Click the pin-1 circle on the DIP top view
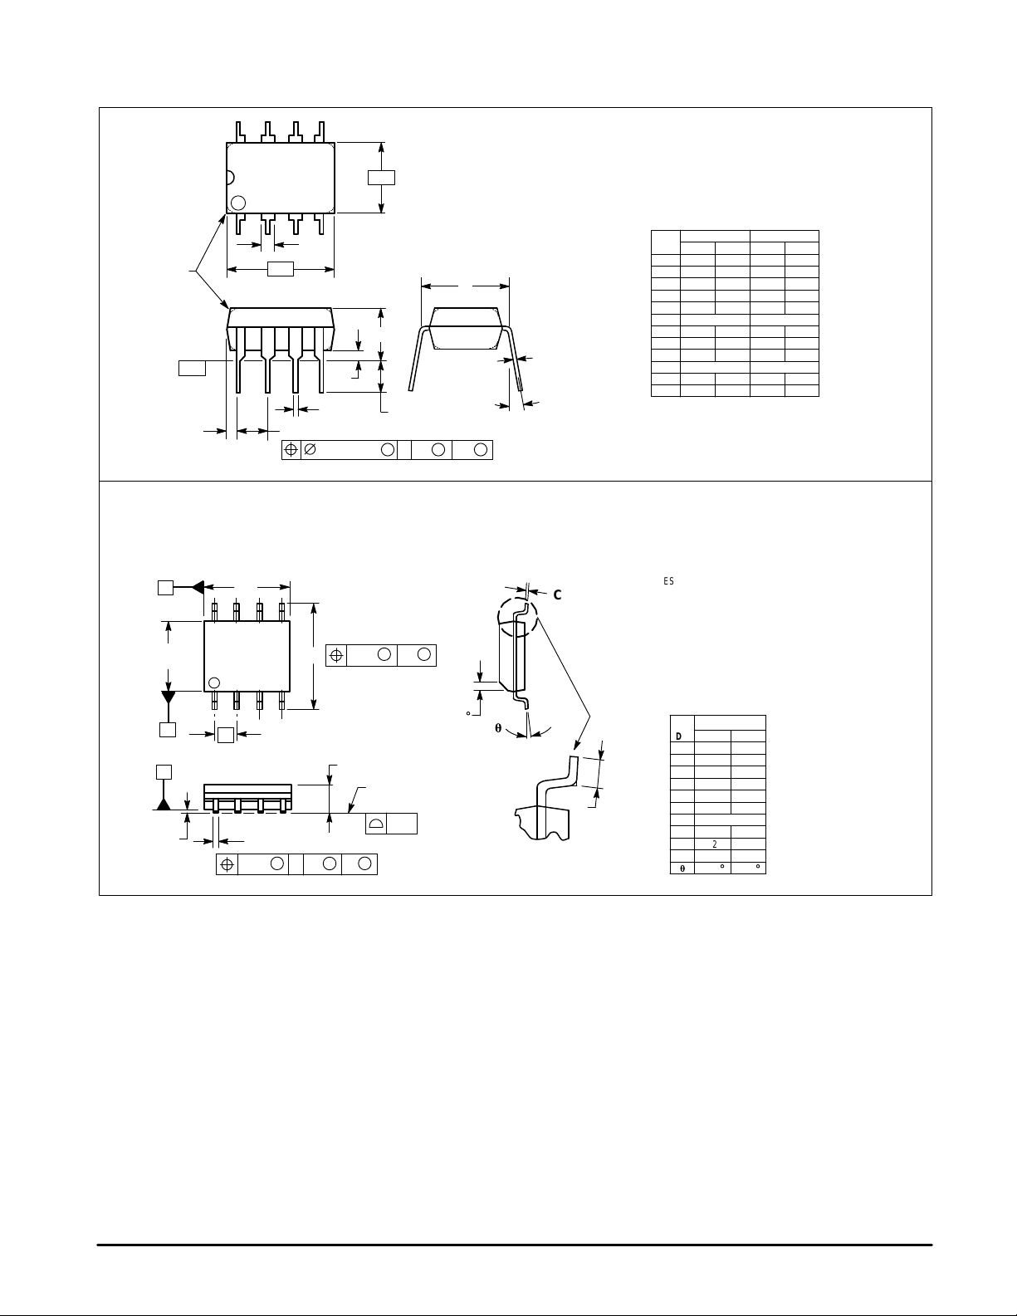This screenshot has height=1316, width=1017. [238, 202]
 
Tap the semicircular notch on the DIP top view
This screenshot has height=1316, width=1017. [230, 177]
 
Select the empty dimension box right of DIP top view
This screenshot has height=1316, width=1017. [381, 177]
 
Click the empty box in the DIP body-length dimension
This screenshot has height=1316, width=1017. [281, 269]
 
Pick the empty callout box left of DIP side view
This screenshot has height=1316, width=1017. [192, 368]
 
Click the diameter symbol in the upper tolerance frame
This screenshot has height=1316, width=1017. [310, 450]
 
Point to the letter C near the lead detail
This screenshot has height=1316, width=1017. [558, 594]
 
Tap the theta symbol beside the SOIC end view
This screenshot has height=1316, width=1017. [498, 728]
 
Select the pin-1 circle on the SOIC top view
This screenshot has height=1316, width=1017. [214, 682]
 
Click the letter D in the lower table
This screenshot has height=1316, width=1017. [679, 736]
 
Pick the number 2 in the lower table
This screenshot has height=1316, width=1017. [714, 844]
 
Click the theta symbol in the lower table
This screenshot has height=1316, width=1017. [682, 868]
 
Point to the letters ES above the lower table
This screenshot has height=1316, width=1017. [668, 581]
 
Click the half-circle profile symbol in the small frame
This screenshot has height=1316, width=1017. [375, 824]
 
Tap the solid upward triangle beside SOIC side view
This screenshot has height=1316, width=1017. [164, 802]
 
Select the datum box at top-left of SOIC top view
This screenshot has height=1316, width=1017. [165, 587]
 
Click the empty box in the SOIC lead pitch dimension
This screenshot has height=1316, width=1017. [225, 734]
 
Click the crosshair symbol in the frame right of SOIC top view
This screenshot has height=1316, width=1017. [336, 655]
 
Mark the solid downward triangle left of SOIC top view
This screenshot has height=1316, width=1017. [169, 696]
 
